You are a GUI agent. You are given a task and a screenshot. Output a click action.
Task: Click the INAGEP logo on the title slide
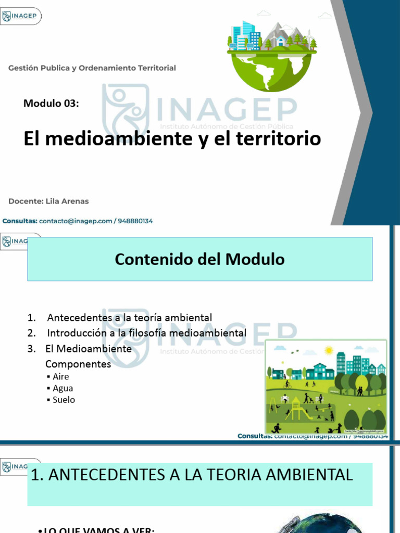21,16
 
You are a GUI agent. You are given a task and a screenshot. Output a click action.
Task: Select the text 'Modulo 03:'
51,103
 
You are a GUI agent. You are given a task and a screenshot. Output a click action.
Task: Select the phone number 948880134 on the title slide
135,221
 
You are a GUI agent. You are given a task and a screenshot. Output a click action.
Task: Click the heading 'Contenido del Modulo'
199,259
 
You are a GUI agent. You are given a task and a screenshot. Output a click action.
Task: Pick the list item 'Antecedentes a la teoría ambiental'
129,318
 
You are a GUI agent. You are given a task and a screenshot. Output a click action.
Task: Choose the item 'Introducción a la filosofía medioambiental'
146,333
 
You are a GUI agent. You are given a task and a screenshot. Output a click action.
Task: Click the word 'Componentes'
78,364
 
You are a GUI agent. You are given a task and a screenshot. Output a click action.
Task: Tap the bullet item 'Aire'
60,376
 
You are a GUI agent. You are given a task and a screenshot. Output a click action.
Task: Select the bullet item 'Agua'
63,388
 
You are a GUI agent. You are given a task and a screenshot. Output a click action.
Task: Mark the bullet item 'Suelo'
64,400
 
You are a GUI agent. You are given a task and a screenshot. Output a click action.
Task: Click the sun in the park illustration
328,350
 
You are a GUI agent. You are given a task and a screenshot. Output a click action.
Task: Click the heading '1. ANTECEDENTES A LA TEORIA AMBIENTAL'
192,475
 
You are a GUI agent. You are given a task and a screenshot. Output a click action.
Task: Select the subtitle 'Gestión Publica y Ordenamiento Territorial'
92,68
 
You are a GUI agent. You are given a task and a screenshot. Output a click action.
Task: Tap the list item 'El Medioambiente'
89,349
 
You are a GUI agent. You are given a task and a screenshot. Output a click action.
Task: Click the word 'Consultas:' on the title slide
20,221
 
